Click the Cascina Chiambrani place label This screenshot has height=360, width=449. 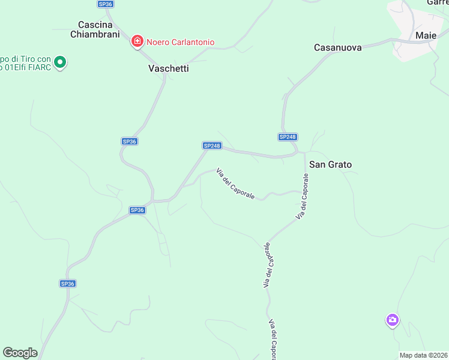coord(96,29)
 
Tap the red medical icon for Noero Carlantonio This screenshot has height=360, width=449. coord(137,41)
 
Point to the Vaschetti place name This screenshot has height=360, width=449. coord(169,68)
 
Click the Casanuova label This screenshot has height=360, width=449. coord(338,47)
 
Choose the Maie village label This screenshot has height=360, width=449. coord(426,35)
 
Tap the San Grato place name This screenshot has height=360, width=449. coord(330,164)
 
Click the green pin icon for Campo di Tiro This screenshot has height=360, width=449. coord(60,61)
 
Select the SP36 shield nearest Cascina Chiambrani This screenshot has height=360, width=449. coord(105,4)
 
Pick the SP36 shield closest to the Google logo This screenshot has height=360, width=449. coord(67,283)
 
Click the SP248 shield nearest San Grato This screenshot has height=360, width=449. coord(288,137)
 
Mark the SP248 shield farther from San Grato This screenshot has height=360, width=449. coord(212,145)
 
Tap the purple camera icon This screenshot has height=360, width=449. coord(393,320)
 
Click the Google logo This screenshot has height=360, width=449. coord(20,353)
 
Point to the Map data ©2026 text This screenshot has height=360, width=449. coord(424,355)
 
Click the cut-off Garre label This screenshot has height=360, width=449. coord(437,2)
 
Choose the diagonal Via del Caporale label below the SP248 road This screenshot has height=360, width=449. coord(236,183)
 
